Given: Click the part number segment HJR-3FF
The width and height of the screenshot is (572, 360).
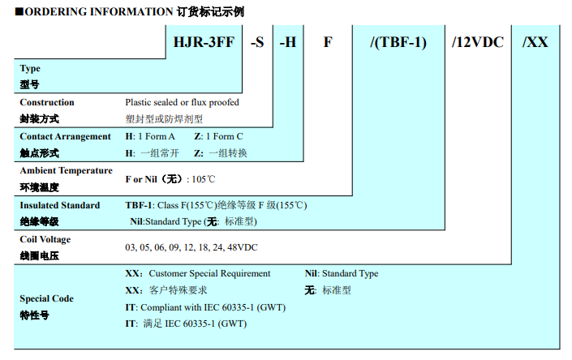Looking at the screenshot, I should pos(204,41).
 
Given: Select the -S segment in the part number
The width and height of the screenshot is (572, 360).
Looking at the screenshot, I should pos(257,41).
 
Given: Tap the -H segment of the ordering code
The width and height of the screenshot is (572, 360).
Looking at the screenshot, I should pos(288,41).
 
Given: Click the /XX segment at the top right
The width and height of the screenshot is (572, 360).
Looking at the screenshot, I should pos(535,41).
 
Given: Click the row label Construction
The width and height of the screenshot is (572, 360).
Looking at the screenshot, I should pos(46,103).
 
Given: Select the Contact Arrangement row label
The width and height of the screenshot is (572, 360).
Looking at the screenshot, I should pos(65,137).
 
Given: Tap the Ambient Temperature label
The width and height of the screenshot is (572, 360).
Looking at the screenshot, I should pos(66,171).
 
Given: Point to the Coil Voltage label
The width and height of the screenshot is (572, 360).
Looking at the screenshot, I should pos(45,240).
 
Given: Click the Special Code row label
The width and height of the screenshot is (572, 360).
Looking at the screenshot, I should pos(46,298).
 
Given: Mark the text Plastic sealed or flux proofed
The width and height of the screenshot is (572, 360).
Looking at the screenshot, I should pos(182,103).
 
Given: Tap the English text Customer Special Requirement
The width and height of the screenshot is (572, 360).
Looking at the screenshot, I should pos(209,274).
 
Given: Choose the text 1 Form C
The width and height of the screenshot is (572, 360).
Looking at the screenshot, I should pos(224,137).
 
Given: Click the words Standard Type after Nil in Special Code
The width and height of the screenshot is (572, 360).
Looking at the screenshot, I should pos(351,274).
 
